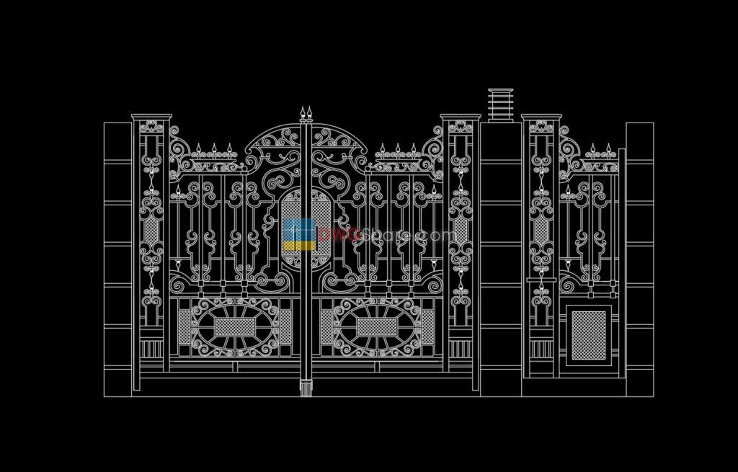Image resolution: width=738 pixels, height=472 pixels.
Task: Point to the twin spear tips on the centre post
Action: [x=307, y=114]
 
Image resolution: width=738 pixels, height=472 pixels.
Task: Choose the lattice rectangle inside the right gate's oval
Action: [x=377, y=327]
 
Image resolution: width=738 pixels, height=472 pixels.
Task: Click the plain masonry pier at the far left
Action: [x=117, y=259]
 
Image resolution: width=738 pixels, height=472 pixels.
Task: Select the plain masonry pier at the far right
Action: [x=639, y=259]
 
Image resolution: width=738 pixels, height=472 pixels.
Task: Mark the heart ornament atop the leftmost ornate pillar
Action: [x=151, y=128]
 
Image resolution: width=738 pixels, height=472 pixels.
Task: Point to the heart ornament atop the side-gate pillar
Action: [x=541, y=128]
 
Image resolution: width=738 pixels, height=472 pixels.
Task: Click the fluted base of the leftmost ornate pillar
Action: [x=151, y=349]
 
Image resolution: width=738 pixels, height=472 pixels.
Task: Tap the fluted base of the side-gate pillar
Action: [x=541, y=349]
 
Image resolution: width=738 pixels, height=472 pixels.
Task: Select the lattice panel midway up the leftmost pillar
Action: [x=151, y=231]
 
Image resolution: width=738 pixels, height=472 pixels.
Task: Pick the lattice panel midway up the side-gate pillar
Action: [x=541, y=231]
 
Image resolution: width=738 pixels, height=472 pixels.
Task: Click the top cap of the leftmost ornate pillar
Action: [x=151, y=116]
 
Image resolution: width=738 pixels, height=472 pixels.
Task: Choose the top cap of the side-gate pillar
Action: [x=541, y=116]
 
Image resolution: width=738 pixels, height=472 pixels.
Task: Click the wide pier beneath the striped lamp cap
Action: [x=501, y=259]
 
